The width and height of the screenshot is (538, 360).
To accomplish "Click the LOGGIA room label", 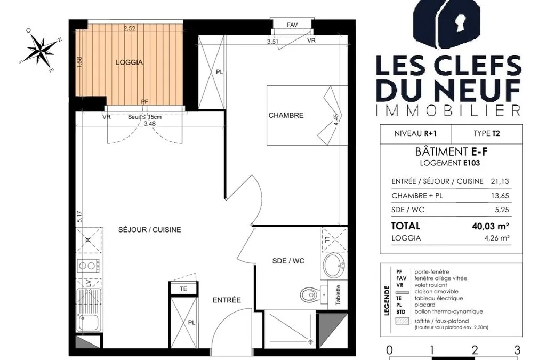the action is pyautogui.click(x=129, y=62).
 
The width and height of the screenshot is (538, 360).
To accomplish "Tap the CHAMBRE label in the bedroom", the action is pyautogui.click(x=286, y=115).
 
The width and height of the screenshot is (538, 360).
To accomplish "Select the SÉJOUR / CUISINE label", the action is pyautogui.click(x=150, y=229).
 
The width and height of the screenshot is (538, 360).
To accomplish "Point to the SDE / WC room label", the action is pyautogui.click(x=288, y=261).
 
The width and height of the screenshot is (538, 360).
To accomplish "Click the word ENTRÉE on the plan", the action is pyautogui.click(x=227, y=300).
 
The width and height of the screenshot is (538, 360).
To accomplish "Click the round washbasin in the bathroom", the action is pyautogui.click(x=334, y=265).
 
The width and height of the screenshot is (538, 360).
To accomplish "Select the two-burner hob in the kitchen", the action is pyautogui.click(x=89, y=266).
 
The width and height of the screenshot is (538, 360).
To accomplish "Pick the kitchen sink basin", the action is pyautogui.click(x=88, y=322).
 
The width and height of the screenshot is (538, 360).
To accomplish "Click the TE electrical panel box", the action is pyautogui.click(x=183, y=289).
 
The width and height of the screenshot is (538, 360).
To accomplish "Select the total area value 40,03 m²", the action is pyautogui.click(x=491, y=226).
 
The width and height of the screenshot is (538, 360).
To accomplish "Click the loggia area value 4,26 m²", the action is pyautogui.click(x=496, y=238).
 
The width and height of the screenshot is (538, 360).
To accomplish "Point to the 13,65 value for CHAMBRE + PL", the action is pyautogui.click(x=500, y=196).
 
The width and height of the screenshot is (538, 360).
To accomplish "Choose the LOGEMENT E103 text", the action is pyautogui.click(x=450, y=163).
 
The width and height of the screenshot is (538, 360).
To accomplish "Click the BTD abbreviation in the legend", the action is pyautogui.click(x=400, y=312).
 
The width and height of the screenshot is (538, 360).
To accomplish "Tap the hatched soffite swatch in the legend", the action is pyautogui.click(x=402, y=321).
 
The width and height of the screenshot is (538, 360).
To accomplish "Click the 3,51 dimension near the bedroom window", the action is pyautogui.click(x=272, y=42).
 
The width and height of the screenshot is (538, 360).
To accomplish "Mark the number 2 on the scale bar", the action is pyautogui.click(x=475, y=350).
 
